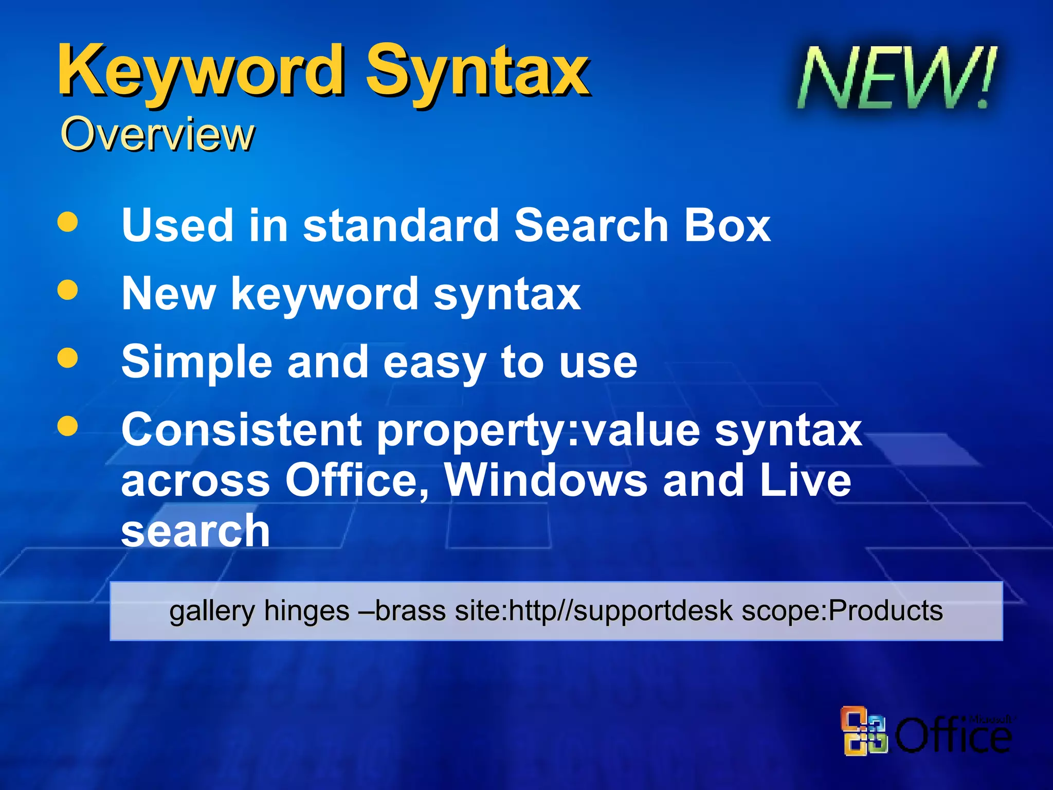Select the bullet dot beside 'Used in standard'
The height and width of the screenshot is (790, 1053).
tap(68, 222)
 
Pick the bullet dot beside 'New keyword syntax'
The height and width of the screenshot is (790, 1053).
tap(68, 290)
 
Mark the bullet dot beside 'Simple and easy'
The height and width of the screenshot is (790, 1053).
tap(68, 358)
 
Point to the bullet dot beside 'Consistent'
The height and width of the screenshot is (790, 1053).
tap(68, 426)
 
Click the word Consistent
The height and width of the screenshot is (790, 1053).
tap(242, 430)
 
